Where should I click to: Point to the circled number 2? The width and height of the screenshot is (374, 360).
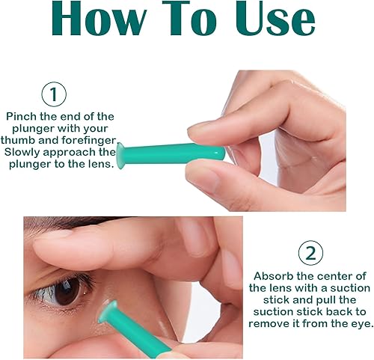(311, 254)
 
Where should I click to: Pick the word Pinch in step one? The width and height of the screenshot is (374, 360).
(23, 117)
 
